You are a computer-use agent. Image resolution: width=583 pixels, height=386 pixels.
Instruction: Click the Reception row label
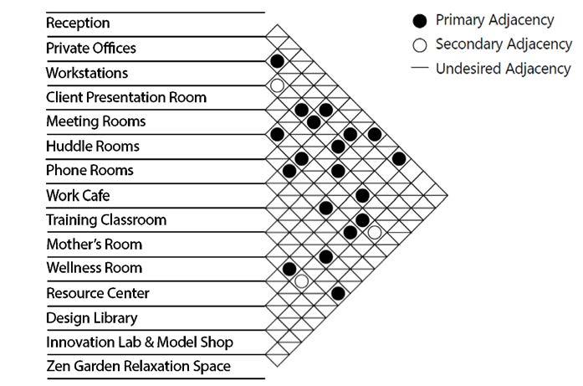click(x=78, y=23)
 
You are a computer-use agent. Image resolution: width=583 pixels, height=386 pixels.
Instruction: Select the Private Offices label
click(x=91, y=48)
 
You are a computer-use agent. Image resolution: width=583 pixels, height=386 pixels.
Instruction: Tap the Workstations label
click(x=87, y=73)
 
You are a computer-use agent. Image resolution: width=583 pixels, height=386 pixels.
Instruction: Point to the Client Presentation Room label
click(x=126, y=97)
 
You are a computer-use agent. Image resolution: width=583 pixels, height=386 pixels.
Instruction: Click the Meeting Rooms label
click(x=96, y=121)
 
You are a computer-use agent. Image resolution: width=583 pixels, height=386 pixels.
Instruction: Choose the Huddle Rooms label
click(x=93, y=147)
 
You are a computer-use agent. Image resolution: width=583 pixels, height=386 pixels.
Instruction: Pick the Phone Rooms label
click(x=89, y=171)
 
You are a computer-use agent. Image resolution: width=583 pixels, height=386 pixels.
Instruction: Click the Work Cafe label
click(x=79, y=196)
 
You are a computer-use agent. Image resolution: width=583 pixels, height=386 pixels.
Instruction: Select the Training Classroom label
click(x=106, y=220)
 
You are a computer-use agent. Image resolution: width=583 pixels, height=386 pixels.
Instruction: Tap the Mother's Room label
click(x=95, y=244)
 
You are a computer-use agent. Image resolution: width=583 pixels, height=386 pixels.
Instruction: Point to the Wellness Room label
click(x=95, y=269)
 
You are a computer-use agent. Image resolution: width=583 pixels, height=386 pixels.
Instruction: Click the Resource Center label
click(x=98, y=294)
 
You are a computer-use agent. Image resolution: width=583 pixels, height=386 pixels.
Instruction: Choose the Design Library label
click(x=92, y=318)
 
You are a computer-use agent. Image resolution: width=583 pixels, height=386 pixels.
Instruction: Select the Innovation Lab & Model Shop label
click(x=140, y=342)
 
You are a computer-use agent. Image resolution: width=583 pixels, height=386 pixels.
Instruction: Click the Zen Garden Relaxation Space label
click(x=138, y=367)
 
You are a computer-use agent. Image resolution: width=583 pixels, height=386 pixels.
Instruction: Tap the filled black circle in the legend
click(x=421, y=20)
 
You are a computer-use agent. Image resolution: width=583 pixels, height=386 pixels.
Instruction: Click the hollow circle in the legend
click(x=421, y=44)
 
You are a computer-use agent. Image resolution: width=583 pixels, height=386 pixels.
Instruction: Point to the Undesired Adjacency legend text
click(x=503, y=69)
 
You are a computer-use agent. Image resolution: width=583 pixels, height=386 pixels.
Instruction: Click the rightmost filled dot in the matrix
click(x=399, y=159)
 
